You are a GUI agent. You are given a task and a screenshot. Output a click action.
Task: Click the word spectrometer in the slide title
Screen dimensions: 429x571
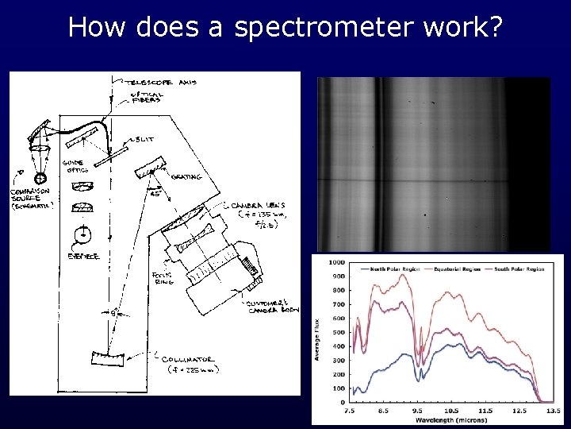click(323, 28)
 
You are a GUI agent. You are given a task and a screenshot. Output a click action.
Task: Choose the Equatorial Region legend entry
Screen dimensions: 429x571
click(450, 269)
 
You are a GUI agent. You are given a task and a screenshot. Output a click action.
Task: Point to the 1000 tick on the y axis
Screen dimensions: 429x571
click(335, 262)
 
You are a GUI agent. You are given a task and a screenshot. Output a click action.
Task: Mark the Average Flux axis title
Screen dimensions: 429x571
click(317, 334)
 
